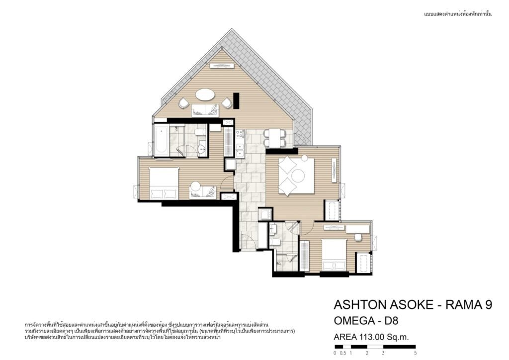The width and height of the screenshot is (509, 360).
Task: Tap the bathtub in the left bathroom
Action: coord(162,142)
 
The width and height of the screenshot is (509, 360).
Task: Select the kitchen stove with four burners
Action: coord(240,134)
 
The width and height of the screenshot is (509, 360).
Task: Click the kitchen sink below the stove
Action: coord(240,151)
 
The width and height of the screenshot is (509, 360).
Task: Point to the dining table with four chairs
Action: coord(274,138)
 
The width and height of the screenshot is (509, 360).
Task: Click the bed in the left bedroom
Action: coord(164,183)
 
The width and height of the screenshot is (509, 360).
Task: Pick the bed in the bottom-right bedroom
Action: coord(334,255)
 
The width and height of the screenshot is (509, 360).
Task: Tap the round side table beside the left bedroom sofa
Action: coord(195,186)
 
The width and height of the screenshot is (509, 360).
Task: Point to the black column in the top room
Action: coord(236,100)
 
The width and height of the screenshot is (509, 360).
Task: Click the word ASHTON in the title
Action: coord(355,305)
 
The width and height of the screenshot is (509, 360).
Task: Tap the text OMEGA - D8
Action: coord(366,321)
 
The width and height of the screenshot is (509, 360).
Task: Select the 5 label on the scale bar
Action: coord(416,353)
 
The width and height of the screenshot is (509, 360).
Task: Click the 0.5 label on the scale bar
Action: coord(343,353)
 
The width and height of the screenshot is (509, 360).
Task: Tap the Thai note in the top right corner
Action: coord(458,14)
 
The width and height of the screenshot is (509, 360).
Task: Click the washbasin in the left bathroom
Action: coord(202,149)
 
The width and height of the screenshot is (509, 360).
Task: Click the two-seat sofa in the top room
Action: coord(205,110)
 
